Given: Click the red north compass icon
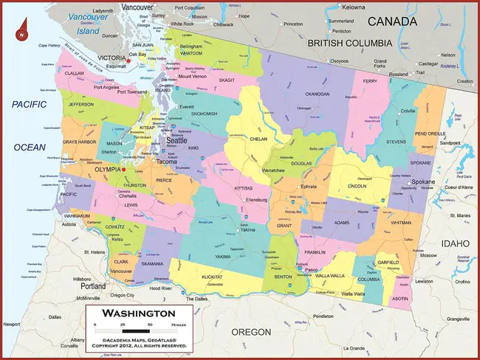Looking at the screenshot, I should click(x=23, y=32).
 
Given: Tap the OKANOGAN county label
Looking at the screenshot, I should click(x=317, y=94).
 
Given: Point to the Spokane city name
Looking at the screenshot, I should click(x=423, y=181).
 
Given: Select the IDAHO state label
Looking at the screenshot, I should click(x=453, y=243).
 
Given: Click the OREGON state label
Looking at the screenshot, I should click(x=251, y=332).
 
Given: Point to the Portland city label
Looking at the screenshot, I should click(x=94, y=285).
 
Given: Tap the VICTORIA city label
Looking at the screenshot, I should click(x=112, y=58).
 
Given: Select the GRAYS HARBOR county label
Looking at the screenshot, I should click(x=80, y=141).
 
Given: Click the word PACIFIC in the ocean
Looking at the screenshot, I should click(x=30, y=105).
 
